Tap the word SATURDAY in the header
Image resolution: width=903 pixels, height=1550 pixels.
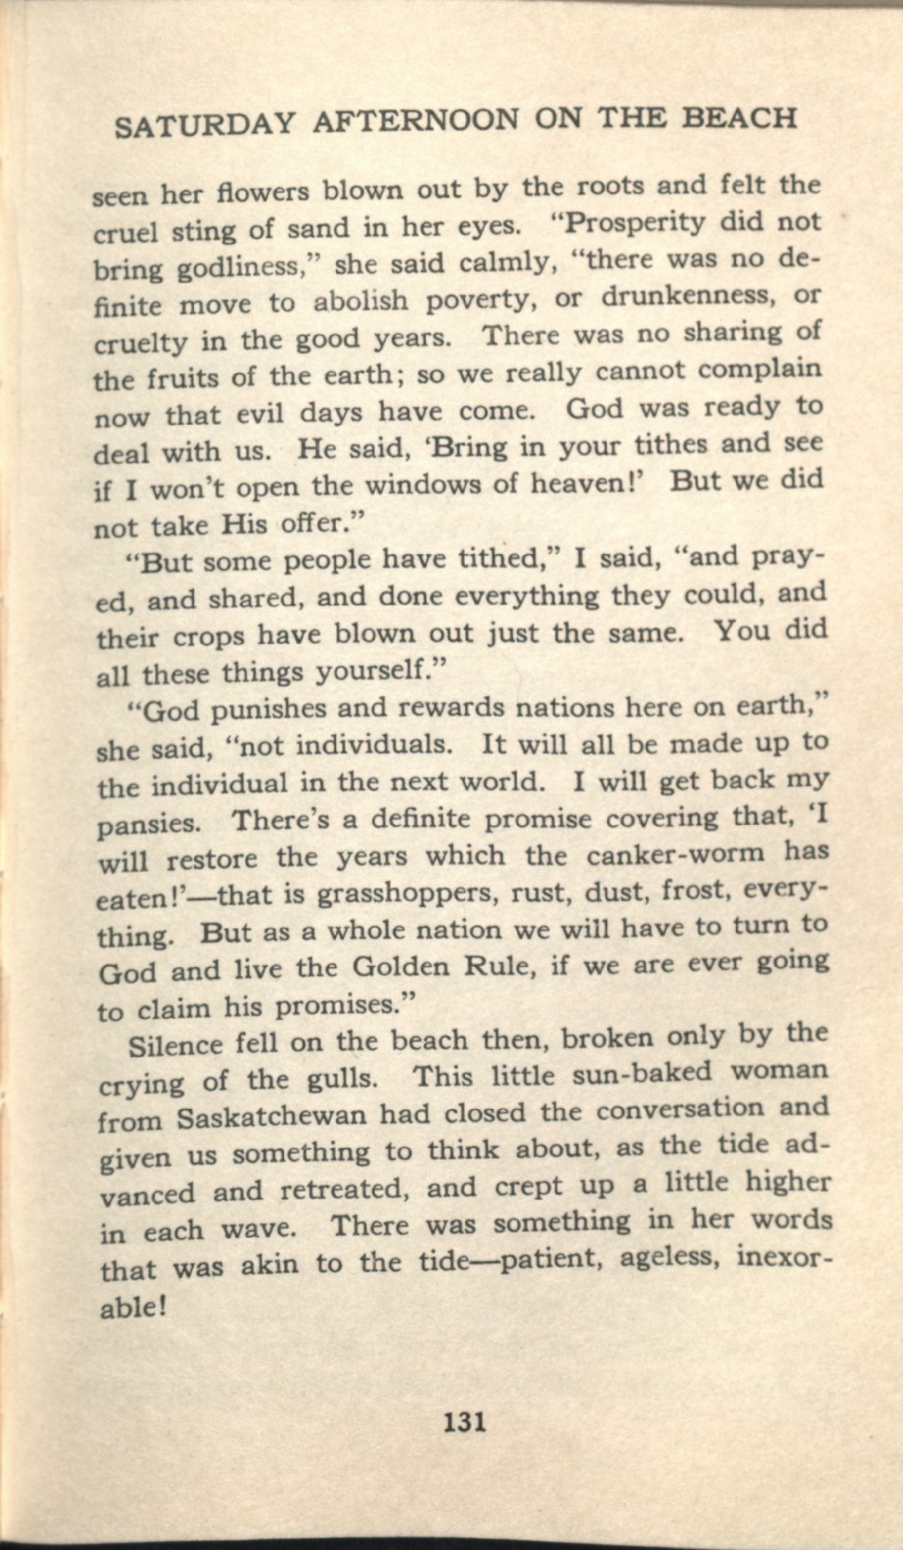pyautogui.click(x=205, y=125)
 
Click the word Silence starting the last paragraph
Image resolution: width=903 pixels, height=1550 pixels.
pyautogui.click(x=175, y=1045)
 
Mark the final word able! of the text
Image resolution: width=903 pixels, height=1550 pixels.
pyautogui.click(x=132, y=1306)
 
